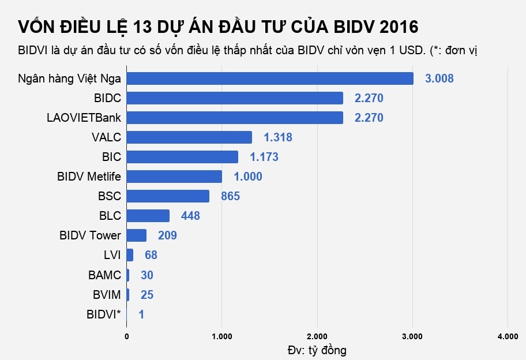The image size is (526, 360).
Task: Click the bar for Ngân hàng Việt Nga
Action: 270,78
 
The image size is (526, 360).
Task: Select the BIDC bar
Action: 235,98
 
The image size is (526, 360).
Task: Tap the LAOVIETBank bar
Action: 235,118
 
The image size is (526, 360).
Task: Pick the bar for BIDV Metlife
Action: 174,177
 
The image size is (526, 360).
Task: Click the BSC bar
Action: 168,196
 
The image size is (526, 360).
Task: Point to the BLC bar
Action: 148,216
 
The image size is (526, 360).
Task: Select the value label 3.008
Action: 439,79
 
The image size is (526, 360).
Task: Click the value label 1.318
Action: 278,137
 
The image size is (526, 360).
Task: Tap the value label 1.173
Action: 264,157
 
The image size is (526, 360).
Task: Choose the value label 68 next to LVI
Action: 151,255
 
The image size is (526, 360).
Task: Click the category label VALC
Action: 106,137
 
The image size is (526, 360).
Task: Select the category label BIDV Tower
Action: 90,235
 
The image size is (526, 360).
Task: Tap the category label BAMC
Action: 104,275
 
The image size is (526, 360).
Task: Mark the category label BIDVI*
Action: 104,314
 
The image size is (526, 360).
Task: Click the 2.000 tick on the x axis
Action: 317,336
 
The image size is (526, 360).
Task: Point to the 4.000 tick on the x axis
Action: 507,336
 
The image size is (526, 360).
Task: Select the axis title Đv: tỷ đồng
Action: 317,350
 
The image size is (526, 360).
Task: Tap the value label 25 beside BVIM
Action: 147,295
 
